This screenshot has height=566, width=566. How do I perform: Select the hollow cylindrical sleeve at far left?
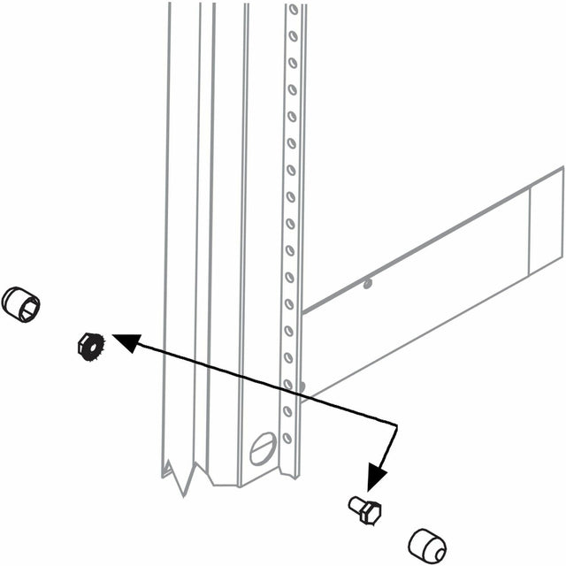(19, 303)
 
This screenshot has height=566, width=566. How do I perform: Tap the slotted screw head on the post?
(263, 448)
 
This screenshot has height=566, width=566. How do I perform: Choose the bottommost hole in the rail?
(287, 438)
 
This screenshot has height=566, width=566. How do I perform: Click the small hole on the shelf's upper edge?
(368, 285)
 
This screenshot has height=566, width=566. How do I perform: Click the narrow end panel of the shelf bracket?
(546, 221)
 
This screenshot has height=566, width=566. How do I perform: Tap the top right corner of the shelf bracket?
(562, 168)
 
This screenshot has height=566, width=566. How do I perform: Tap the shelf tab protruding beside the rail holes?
(302, 386)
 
